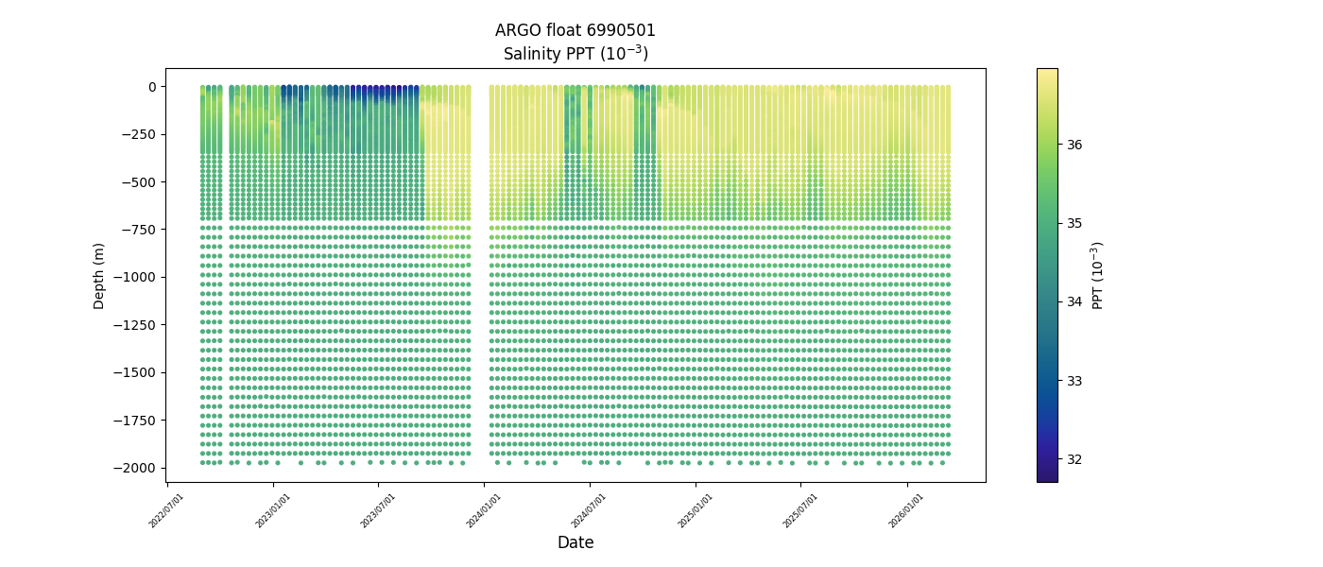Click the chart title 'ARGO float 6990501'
(x=575, y=30)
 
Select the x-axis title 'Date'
(x=575, y=542)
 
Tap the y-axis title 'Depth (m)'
(x=99, y=275)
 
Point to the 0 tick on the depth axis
(x=150, y=87)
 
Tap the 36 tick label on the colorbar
(x=1074, y=145)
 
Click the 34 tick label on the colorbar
(x=1074, y=301)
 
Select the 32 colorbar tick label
(x=1074, y=459)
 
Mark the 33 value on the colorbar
(x=1074, y=381)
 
